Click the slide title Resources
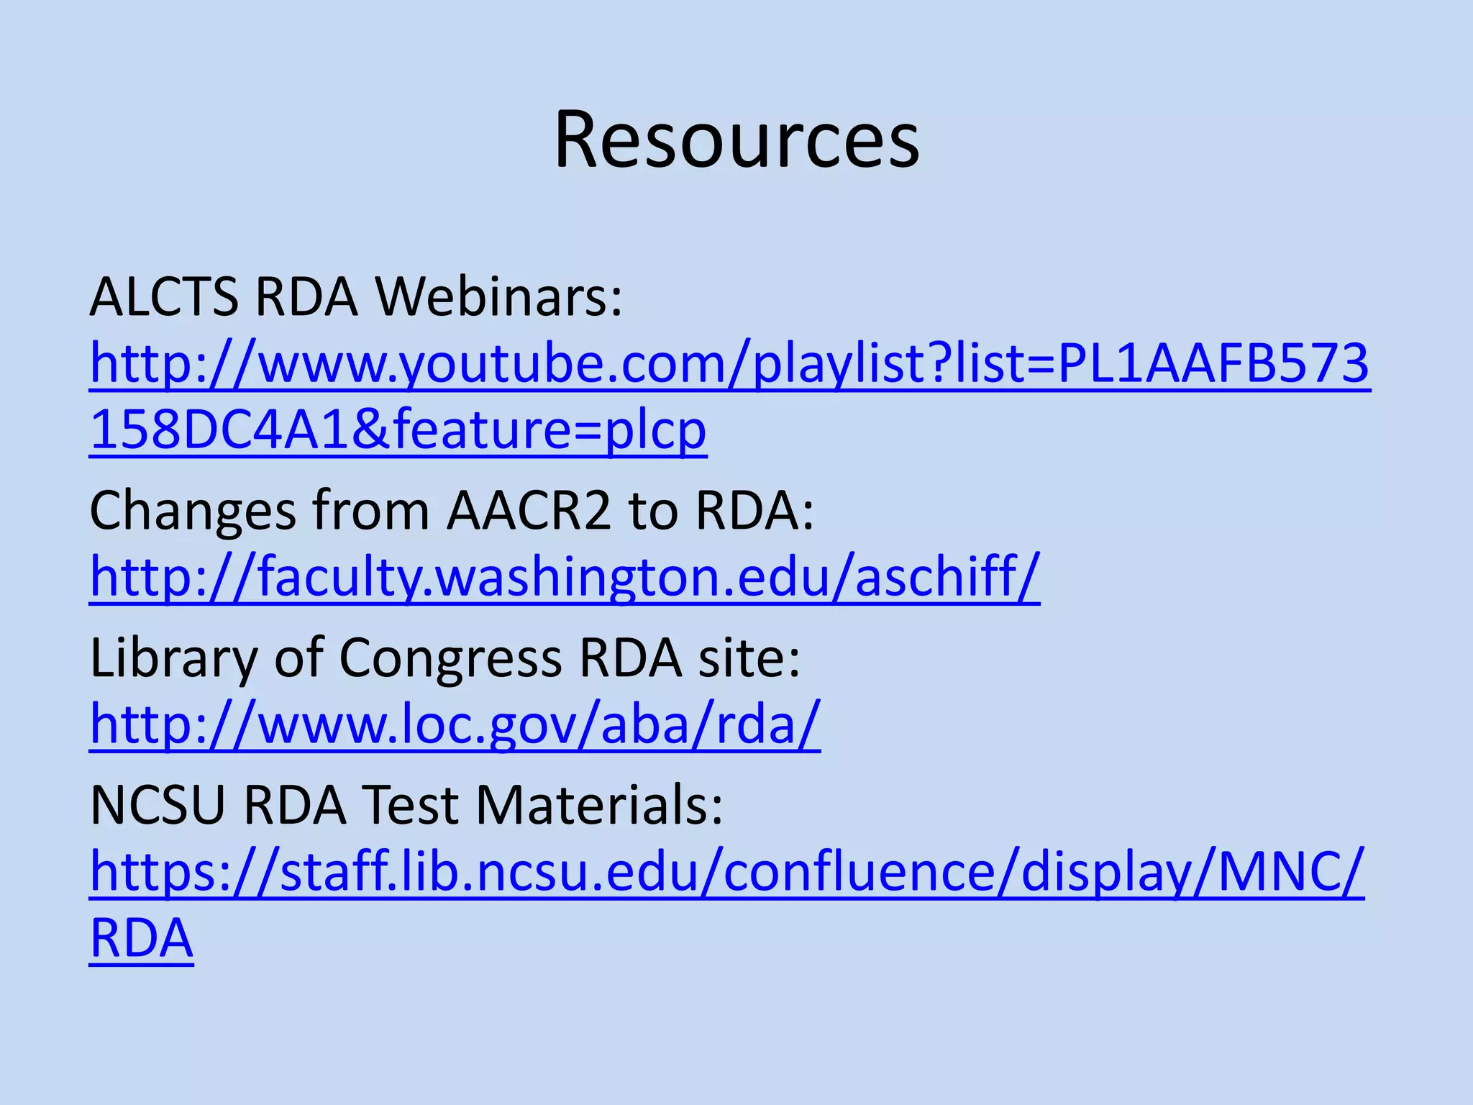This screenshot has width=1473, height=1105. (736, 140)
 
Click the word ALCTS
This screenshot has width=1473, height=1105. (164, 296)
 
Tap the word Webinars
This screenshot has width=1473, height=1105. (499, 296)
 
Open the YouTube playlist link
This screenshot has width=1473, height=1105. (729, 364)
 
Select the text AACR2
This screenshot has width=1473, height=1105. (529, 511)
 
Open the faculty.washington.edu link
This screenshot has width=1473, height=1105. (565, 577)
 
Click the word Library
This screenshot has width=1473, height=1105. (173, 658)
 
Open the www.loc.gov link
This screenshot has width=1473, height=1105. (455, 724)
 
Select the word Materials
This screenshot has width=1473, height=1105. (599, 805)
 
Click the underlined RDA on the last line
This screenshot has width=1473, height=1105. (142, 938)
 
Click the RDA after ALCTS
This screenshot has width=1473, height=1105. (306, 296)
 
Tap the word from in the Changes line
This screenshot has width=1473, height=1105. (371, 511)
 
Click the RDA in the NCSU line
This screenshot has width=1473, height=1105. (296, 805)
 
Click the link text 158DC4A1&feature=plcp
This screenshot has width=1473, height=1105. (398, 430)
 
